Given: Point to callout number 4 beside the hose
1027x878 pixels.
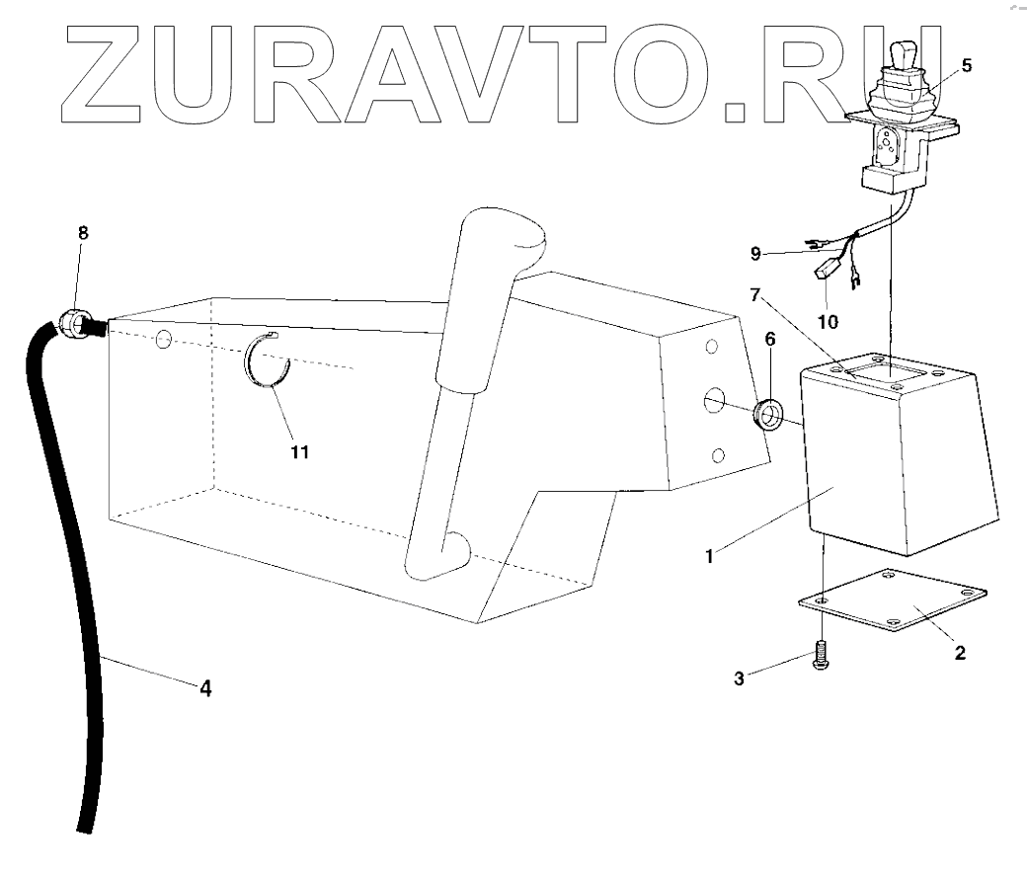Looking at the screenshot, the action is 204,688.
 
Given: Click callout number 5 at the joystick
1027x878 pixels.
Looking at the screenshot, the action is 966,66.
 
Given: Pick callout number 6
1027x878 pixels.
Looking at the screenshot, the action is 769,338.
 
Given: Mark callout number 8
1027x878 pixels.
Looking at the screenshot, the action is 83,234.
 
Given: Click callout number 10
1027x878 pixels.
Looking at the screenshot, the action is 827,322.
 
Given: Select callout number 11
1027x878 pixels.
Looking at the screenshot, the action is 300,451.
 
